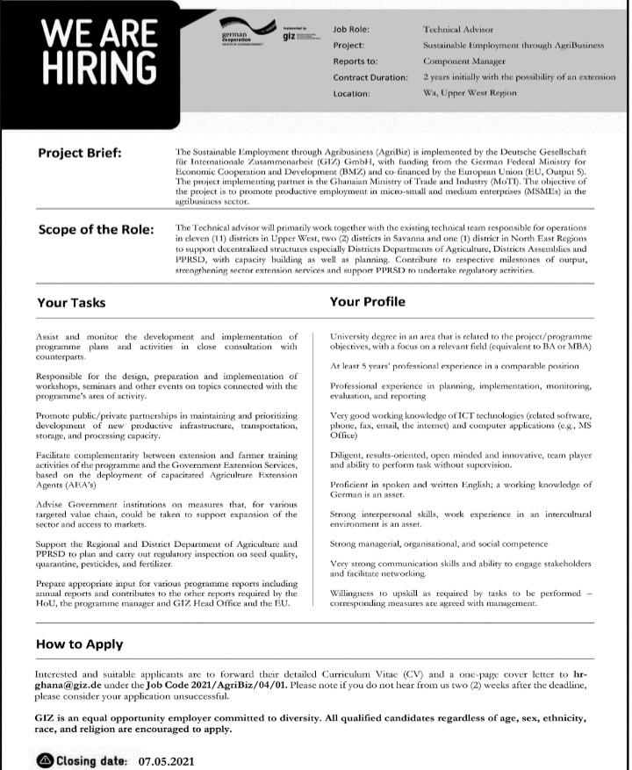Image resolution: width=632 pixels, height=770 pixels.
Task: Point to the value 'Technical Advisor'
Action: click(457, 30)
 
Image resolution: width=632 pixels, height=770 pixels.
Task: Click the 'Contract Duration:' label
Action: click(370, 77)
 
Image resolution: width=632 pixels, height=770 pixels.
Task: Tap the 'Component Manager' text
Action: click(464, 61)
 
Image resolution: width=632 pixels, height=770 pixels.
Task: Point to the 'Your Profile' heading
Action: click(367, 302)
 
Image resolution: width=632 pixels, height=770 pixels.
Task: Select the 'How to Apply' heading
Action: click(79, 644)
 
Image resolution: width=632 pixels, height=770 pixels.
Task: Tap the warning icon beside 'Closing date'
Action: click(45, 760)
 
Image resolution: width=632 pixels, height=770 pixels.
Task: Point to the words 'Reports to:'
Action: click(355, 61)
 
